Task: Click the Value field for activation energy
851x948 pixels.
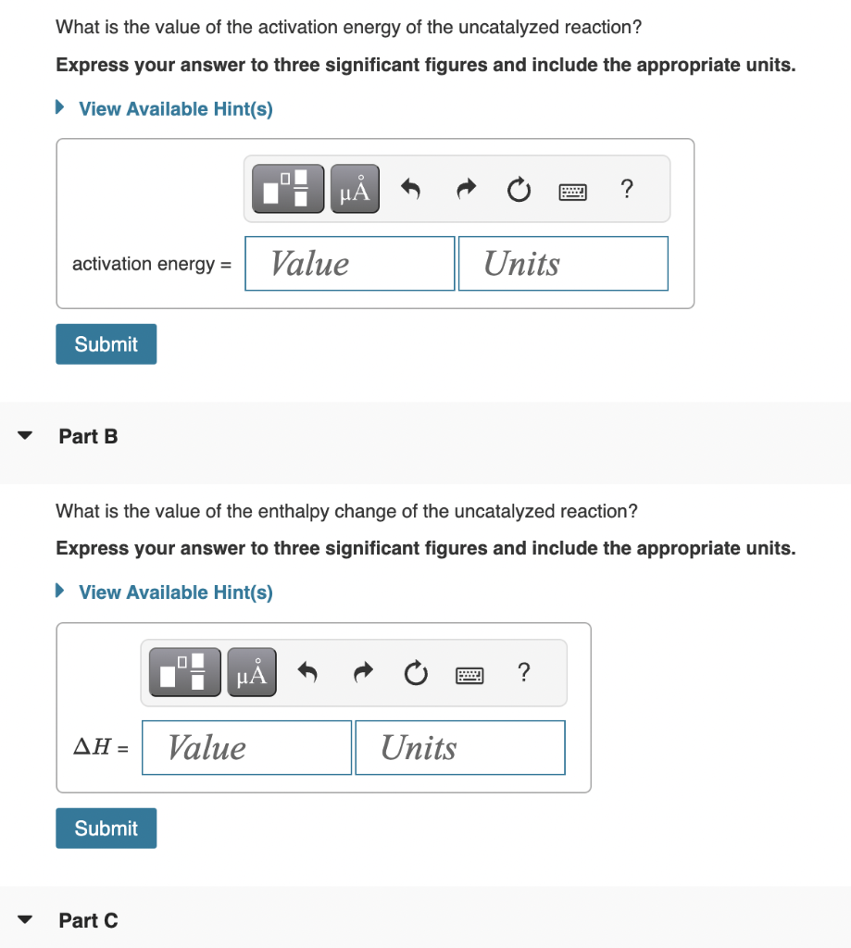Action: tap(349, 264)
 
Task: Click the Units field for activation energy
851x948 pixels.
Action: tap(562, 264)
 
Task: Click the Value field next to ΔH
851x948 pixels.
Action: tap(246, 748)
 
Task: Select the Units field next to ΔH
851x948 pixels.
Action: tap(459, 748)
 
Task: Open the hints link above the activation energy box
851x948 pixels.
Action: tap(175, 109)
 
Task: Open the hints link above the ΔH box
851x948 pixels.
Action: tap(175, 592)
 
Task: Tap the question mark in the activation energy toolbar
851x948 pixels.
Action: tap(628, 190)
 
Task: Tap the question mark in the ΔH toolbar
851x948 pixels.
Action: tap(524, 673)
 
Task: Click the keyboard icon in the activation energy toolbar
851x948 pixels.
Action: tap(573, 192)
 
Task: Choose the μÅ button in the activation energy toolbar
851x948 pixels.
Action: tap(355, 190)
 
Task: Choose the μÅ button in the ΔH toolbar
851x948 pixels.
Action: tap(251, 674)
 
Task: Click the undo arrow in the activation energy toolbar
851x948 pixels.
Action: tap(411, 190)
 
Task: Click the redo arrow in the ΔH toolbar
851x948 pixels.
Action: tap(361, 674)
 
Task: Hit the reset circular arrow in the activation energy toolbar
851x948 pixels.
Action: tap(519, 191)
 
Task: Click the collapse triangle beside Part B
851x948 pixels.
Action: tap(26, 436)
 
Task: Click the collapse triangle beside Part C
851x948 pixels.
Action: tap(26, 920)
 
